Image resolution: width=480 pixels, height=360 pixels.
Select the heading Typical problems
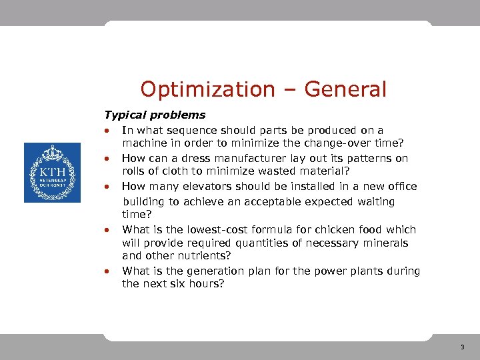tap(155, 115)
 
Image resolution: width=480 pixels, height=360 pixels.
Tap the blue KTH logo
tap(52, 173)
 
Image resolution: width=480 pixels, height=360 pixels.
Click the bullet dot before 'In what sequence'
tap(106, 131)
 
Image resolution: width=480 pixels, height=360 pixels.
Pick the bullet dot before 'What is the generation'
tap(106, 271)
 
